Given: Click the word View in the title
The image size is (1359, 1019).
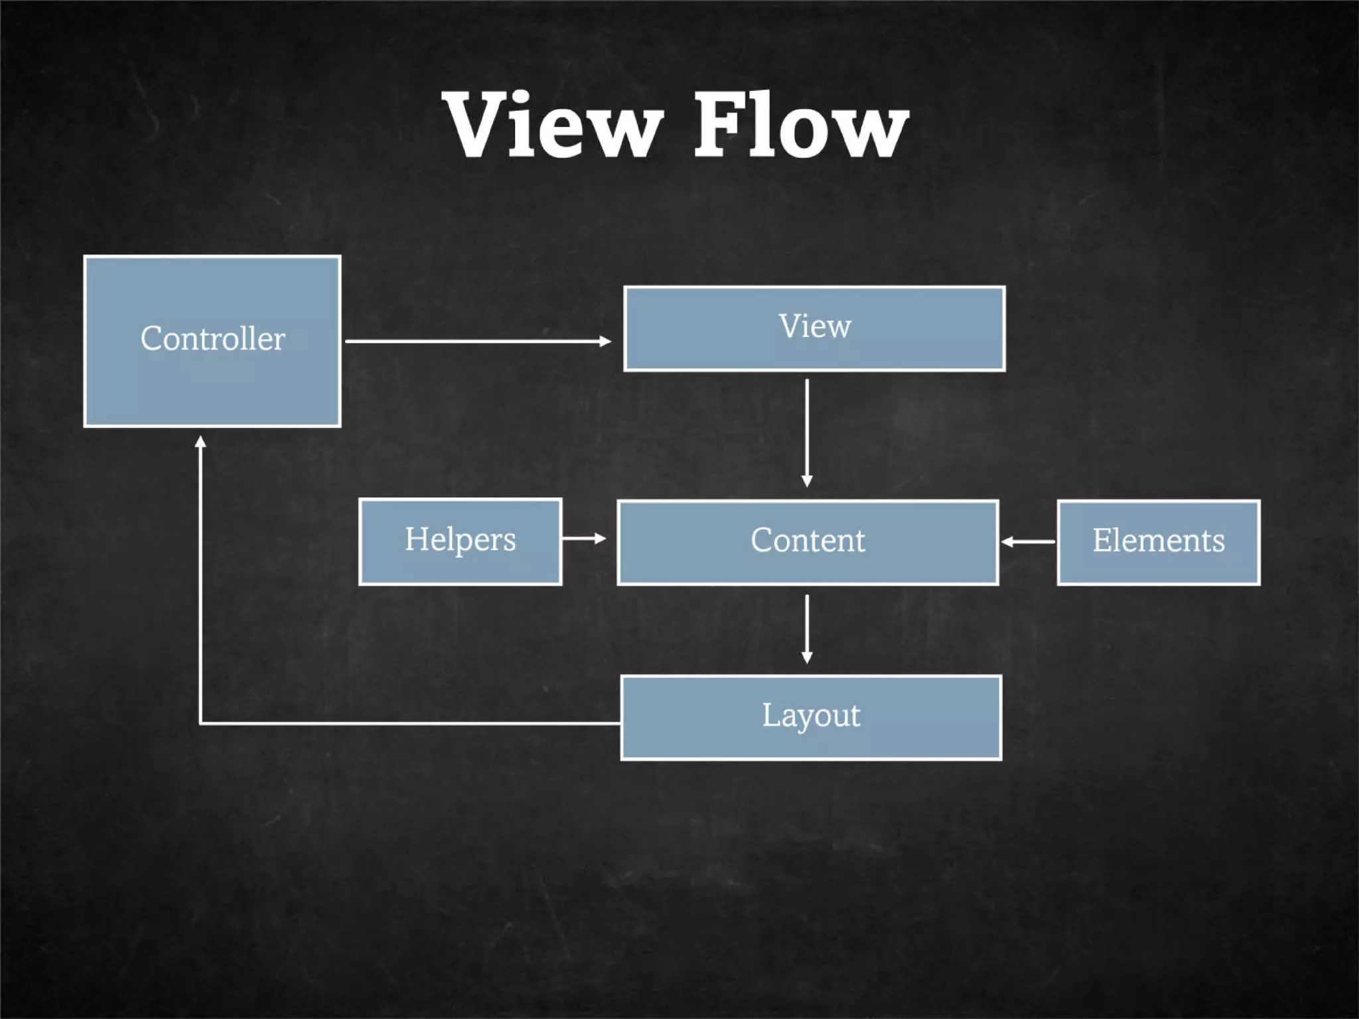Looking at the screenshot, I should point(553,124).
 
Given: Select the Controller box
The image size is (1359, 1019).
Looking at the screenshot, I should point(212,341).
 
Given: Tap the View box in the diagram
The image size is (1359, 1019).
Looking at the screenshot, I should point(814,328).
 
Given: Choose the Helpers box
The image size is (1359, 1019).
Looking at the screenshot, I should point(460,541).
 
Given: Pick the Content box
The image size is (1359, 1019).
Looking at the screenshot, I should point(808,542).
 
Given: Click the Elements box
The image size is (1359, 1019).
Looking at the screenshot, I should point(1158,542).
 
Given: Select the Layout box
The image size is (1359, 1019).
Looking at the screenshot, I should point(811,717).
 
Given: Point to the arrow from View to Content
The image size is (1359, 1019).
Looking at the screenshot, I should point(807,431).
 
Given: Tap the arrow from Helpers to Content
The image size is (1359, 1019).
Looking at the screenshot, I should point(583,538).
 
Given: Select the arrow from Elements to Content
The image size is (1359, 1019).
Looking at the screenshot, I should point(1029,542).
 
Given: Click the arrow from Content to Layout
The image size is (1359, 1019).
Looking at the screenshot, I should point(807,627).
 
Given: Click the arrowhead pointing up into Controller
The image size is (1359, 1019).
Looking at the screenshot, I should point(200,441).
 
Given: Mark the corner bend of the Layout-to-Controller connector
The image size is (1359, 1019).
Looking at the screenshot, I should point(200,723).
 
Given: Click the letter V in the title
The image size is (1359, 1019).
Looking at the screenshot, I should point(478,124).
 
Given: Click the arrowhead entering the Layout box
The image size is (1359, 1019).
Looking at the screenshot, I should point(807,657).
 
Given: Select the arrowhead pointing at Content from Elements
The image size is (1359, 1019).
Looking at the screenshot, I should point(1007,542).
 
